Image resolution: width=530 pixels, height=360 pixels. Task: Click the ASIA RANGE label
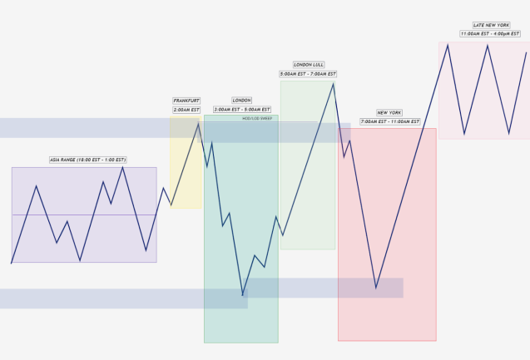point(88,160)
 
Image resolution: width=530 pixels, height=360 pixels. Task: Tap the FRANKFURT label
point(186,101)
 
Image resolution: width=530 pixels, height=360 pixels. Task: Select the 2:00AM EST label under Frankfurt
point(186,110)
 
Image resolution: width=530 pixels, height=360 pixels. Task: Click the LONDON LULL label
point(308,65)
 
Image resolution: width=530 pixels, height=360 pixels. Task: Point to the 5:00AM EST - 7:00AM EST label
point(308,74)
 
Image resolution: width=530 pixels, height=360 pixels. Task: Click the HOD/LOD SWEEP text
point(257,119)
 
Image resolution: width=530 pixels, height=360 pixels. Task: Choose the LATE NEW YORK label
point(491,25)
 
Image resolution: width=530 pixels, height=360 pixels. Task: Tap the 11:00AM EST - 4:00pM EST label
point(490,34)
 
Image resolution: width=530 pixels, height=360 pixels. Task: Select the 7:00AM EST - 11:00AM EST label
point(389,121)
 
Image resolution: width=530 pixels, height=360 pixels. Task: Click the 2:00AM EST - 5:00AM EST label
point(242,110)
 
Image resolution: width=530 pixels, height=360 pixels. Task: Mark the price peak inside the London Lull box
point(334,83)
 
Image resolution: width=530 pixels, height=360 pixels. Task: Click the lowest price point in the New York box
point(376,288)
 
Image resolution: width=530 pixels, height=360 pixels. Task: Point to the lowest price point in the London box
point(243,295)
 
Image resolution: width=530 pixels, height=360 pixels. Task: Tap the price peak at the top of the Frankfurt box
point(198,124)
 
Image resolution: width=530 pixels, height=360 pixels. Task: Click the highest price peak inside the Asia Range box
point(122,167)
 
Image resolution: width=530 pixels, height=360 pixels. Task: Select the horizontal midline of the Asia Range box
point(83,215)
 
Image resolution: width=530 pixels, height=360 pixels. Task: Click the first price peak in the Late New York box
point(448,44)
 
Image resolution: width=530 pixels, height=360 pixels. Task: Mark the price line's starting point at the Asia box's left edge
point(12,263)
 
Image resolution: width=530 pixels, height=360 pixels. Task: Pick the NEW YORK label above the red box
point(389,112)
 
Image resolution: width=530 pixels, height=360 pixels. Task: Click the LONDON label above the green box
point(241,101)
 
